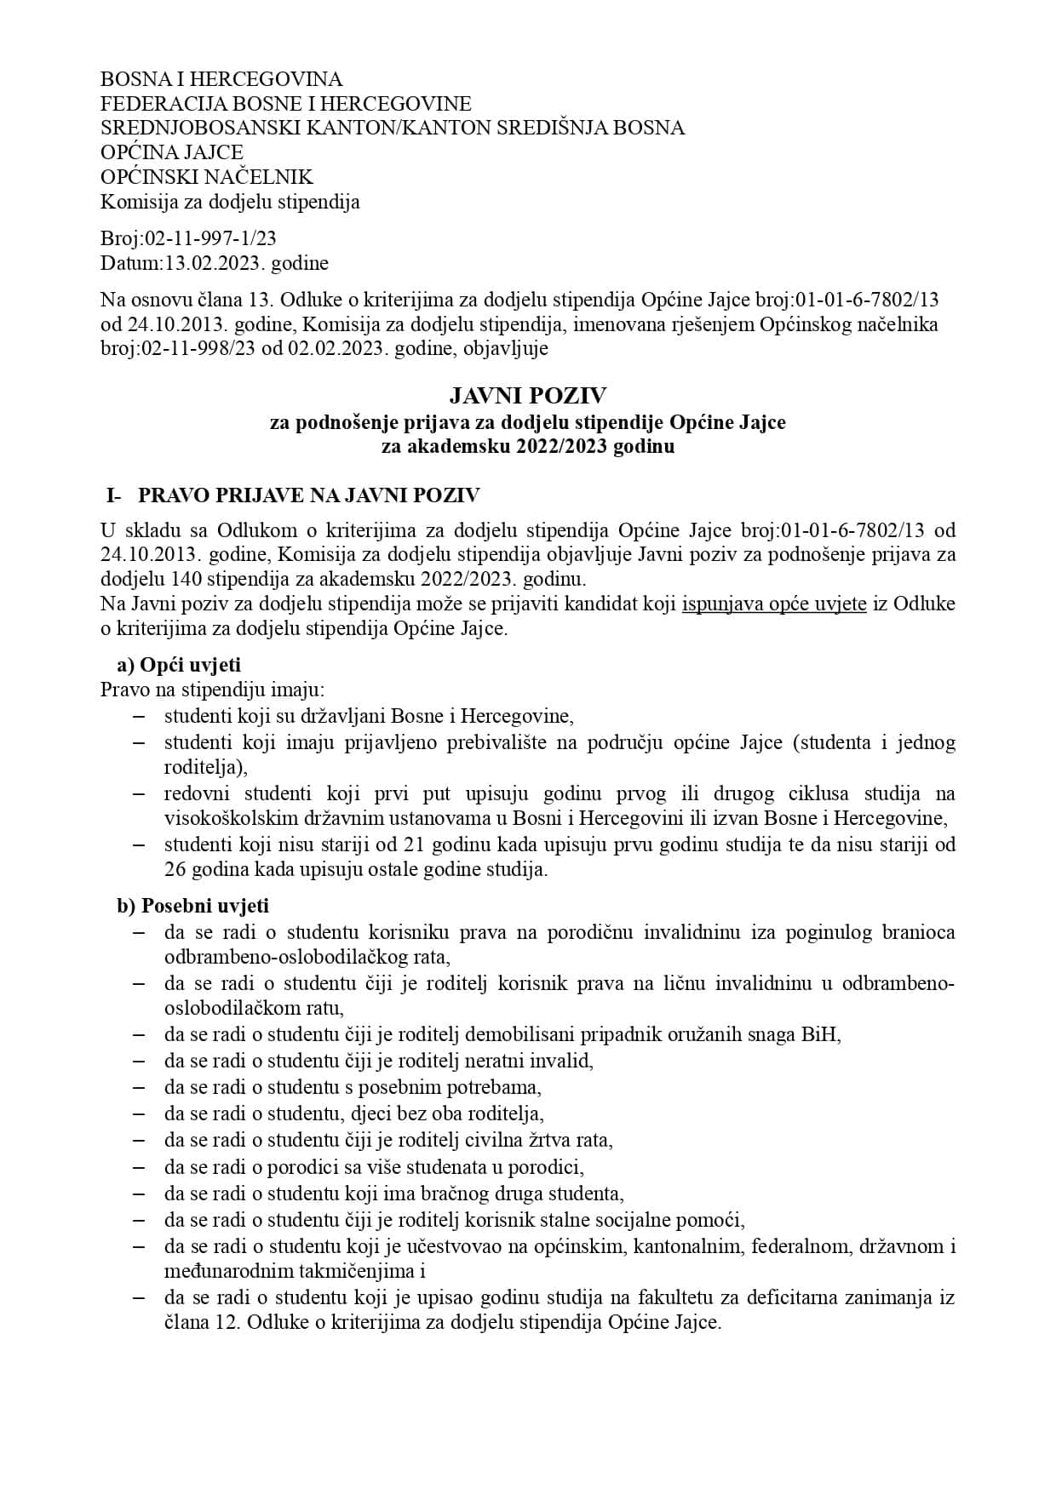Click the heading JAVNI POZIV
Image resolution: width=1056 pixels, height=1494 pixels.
click(528, 396)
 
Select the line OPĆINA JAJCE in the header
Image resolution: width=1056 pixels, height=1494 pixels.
click(171, 152)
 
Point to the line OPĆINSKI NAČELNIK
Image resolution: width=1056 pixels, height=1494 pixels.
click(206, 177)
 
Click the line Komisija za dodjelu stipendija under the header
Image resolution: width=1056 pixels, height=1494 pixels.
click(230, 202)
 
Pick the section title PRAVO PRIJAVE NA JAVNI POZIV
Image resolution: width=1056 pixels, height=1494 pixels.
click(309, 495)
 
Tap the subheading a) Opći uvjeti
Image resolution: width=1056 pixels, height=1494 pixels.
click(179, 665)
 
